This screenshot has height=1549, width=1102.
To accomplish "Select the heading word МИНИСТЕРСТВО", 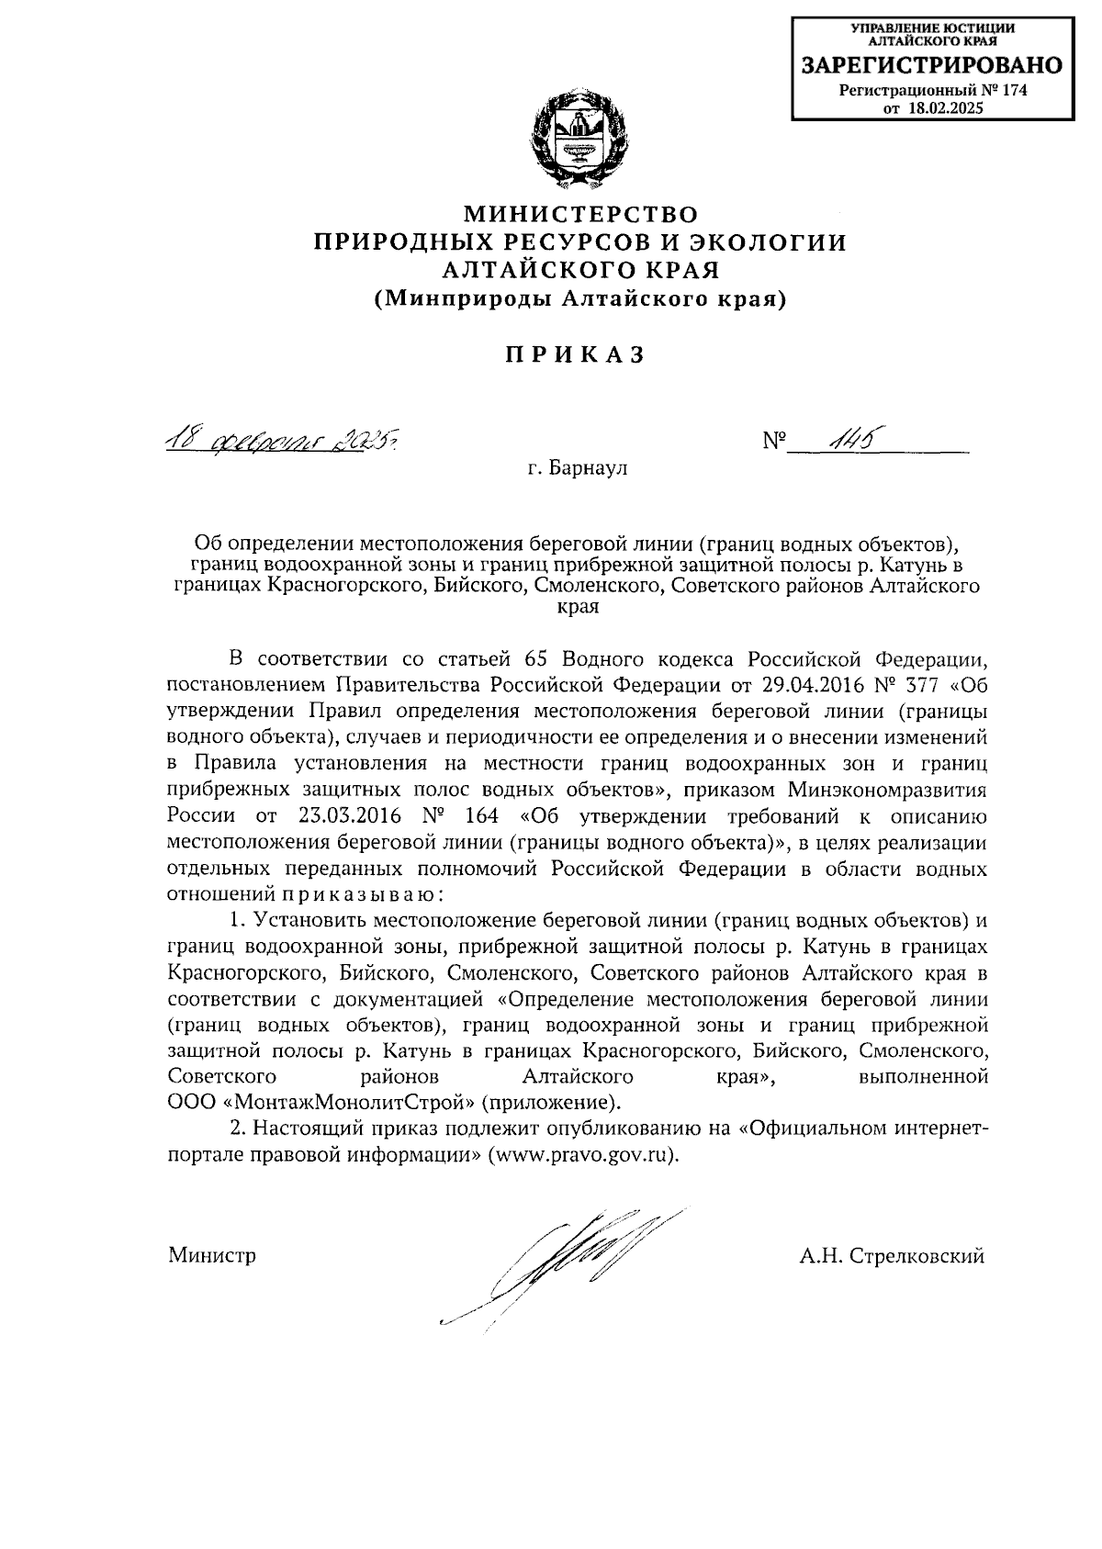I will point(579,215).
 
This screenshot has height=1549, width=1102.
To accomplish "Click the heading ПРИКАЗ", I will point(574,355).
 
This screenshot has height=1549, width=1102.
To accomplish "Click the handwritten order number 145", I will point(849,441).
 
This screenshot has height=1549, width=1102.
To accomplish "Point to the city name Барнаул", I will point(589,468).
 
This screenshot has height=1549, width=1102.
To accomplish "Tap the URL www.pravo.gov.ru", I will point(581,1155).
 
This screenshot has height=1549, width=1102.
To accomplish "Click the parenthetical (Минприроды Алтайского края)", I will point(579,298).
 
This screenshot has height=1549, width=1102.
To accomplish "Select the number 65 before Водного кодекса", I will point(535,659).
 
